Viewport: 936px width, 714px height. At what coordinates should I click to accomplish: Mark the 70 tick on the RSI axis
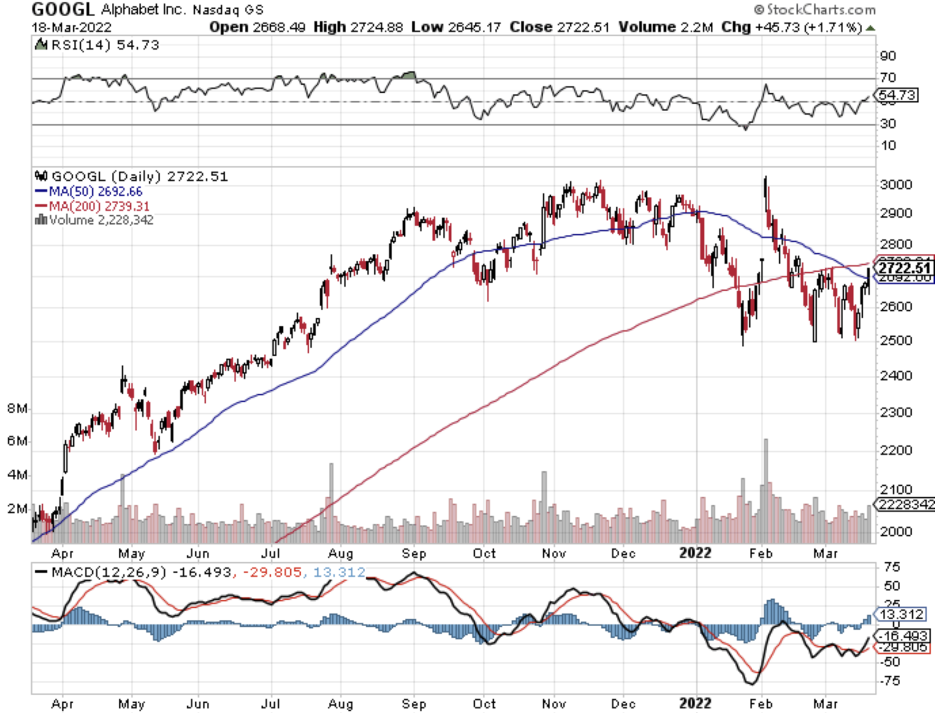click(886, 78)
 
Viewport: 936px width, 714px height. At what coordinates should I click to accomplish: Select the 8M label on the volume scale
click(17, 409)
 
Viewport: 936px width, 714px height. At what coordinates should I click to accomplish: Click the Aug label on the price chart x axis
click(341, 552)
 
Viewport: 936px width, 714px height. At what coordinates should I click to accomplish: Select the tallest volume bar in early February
click(766, 480)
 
